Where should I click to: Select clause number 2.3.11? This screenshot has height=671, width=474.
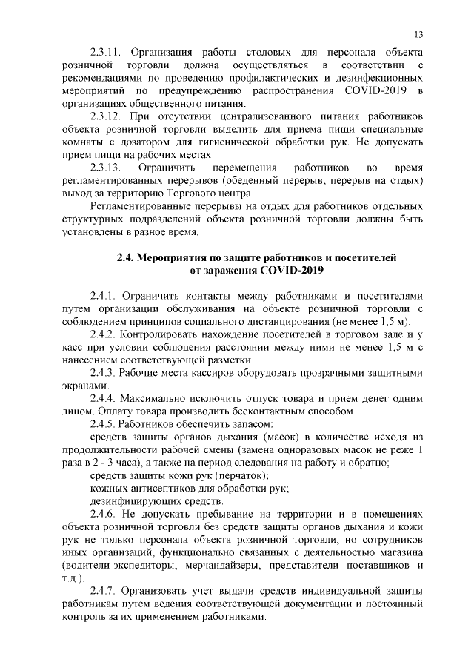click(105, 54)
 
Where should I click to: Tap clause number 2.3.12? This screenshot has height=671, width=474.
click(105, 117)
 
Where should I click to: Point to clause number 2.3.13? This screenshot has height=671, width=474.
click(105, 168)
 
